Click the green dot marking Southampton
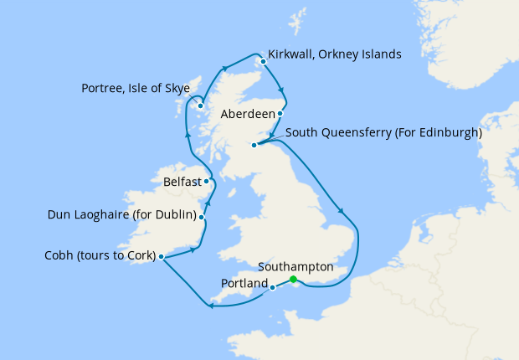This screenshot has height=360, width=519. tap(293, 280)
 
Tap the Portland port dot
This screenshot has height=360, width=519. tap(273, 288)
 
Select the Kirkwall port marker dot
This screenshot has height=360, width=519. tap(263, 61)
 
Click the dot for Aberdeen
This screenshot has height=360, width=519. tap(280, 113)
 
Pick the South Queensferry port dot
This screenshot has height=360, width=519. tap(254, 145)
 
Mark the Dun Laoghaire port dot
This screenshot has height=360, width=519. tap(202, 216)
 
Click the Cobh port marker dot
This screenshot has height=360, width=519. tap(160, 256)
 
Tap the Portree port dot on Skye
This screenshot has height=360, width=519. tap(201, 105)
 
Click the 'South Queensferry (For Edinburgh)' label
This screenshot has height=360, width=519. tap(383, 132)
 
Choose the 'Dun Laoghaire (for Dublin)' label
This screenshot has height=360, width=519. tap(122, 216)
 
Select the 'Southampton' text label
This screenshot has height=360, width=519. tap(296, 266)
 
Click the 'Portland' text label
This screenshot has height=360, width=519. tap(244, 284)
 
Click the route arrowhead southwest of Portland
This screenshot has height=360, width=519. tap(209, 306)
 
